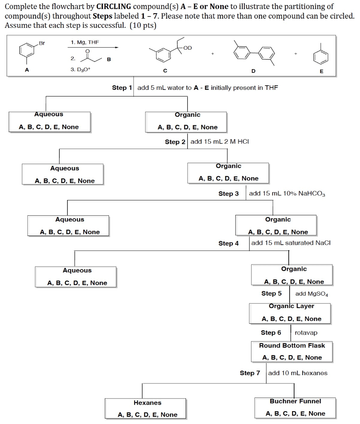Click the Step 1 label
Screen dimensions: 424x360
pyautogui.click(x=122, y=87)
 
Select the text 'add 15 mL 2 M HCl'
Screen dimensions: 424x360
pyautogui.click(x=220, y=142)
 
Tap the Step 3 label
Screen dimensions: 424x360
pyautogui.click(x=228, y=193)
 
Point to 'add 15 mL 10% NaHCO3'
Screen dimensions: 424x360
pyautogui.click(x=287, y=193)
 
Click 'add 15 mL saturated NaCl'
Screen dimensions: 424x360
pyautogui.click(x=291, y=243)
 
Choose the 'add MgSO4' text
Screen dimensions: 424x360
pyautogui.click(x=312, y=294)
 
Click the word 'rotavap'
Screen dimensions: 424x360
pyautogui.click(x=306, y=332)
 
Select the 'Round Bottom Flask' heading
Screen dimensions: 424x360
pyautogui.click(x=292, y=345)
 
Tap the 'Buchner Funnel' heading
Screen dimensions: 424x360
pyautogui.click(x=295, y=401)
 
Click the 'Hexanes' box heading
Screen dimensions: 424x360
pyautogui.click(x=147, y=402)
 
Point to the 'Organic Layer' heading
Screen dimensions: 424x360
pyautogui.click(x=291, y=306)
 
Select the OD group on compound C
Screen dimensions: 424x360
pyautogui.click(x=187, y=48)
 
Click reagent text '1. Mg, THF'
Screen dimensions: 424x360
pyautogui.click(x=85, y=42)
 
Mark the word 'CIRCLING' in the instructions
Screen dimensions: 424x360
pyautogui.click(x=114, y=7)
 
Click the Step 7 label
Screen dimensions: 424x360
pyautogui.click(x=250, y=373)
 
